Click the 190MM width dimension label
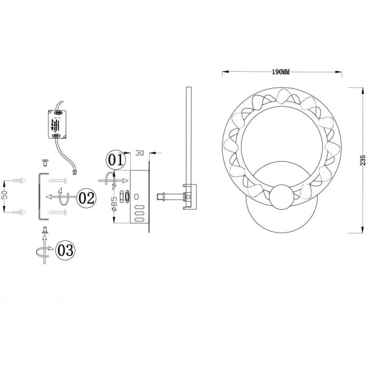pos(281,72)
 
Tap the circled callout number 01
pos(115,159)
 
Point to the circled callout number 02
pos(86,197)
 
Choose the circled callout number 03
pos(65,250)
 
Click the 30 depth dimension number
pos(139,151)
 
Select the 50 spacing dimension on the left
pos(4,196)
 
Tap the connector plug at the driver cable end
pos(75,173)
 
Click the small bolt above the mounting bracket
pos(45,162)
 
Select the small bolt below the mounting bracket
pos(45,231)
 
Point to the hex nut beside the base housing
pos(123,197)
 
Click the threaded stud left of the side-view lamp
pos(163,197)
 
